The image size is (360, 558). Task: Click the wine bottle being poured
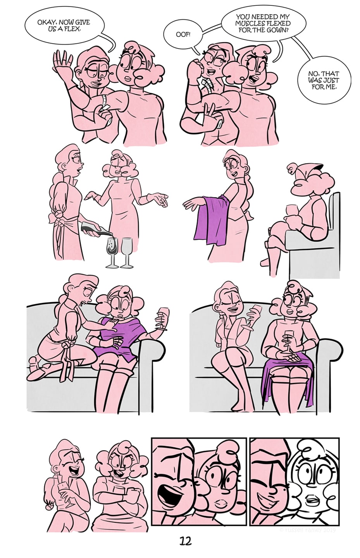click(96, 228)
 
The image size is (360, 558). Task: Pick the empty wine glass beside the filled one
click(127, 253)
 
